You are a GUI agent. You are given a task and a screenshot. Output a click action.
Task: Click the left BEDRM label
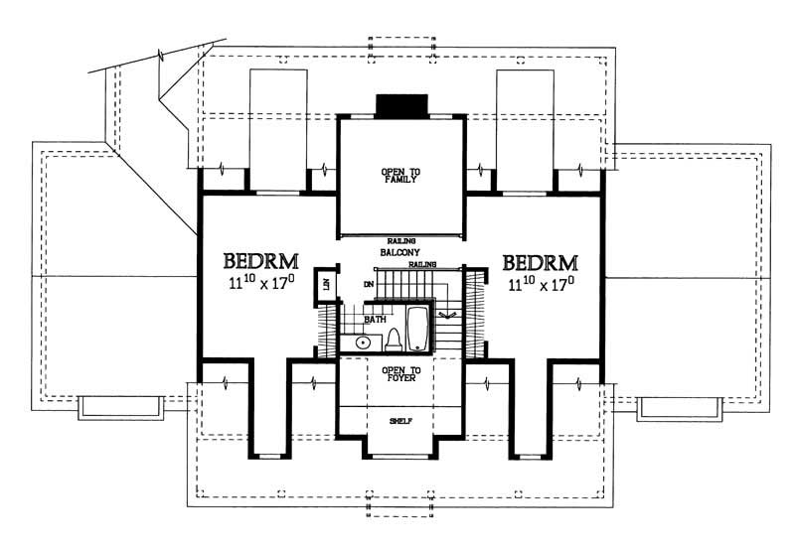[x=261, y=263]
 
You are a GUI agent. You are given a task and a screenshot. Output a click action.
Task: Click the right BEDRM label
[x=541, y=263]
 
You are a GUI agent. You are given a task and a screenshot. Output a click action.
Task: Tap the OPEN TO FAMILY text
[x=400, y=177]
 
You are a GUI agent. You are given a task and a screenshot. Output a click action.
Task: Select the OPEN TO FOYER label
[x=400, y=373]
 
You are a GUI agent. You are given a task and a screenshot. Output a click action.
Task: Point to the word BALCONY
[x=400, y=253]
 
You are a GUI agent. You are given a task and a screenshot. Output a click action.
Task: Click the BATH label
[x=375, y=320]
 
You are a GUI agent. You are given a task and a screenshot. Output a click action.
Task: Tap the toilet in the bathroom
[x=393, y=340]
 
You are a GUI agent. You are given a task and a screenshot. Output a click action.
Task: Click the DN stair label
[x=368, y=284]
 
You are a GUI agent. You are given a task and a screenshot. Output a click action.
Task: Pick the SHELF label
[x=400, y=421]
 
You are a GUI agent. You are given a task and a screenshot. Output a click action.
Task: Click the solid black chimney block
[x=400, y=105]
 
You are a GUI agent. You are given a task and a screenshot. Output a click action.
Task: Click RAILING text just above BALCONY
[x=400, y=241]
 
